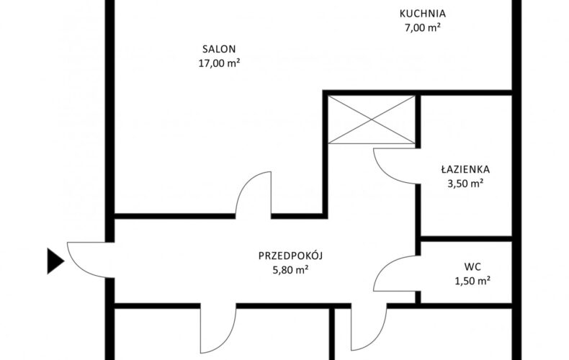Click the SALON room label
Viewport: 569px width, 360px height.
pos(219,49)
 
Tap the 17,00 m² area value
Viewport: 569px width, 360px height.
pos(219,63)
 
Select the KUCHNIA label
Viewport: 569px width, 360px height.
pos(423,14)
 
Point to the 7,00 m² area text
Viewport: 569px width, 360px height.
pos(423,27)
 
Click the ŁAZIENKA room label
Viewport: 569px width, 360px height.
pos(465,169)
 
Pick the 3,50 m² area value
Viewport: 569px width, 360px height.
pos(465,184)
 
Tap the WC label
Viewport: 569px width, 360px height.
pos(472,267)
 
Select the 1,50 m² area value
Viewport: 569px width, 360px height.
pos(472,281)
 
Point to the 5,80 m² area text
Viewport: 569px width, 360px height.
pos(291,270)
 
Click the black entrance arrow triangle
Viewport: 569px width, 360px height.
pos(55,261)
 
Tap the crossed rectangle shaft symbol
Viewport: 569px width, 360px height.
pos(372,120)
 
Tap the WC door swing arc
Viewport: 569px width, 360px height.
pos(385,266)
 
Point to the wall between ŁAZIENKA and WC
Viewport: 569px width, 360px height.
pos(466,239)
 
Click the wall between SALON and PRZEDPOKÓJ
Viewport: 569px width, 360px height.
pos(175,216)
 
